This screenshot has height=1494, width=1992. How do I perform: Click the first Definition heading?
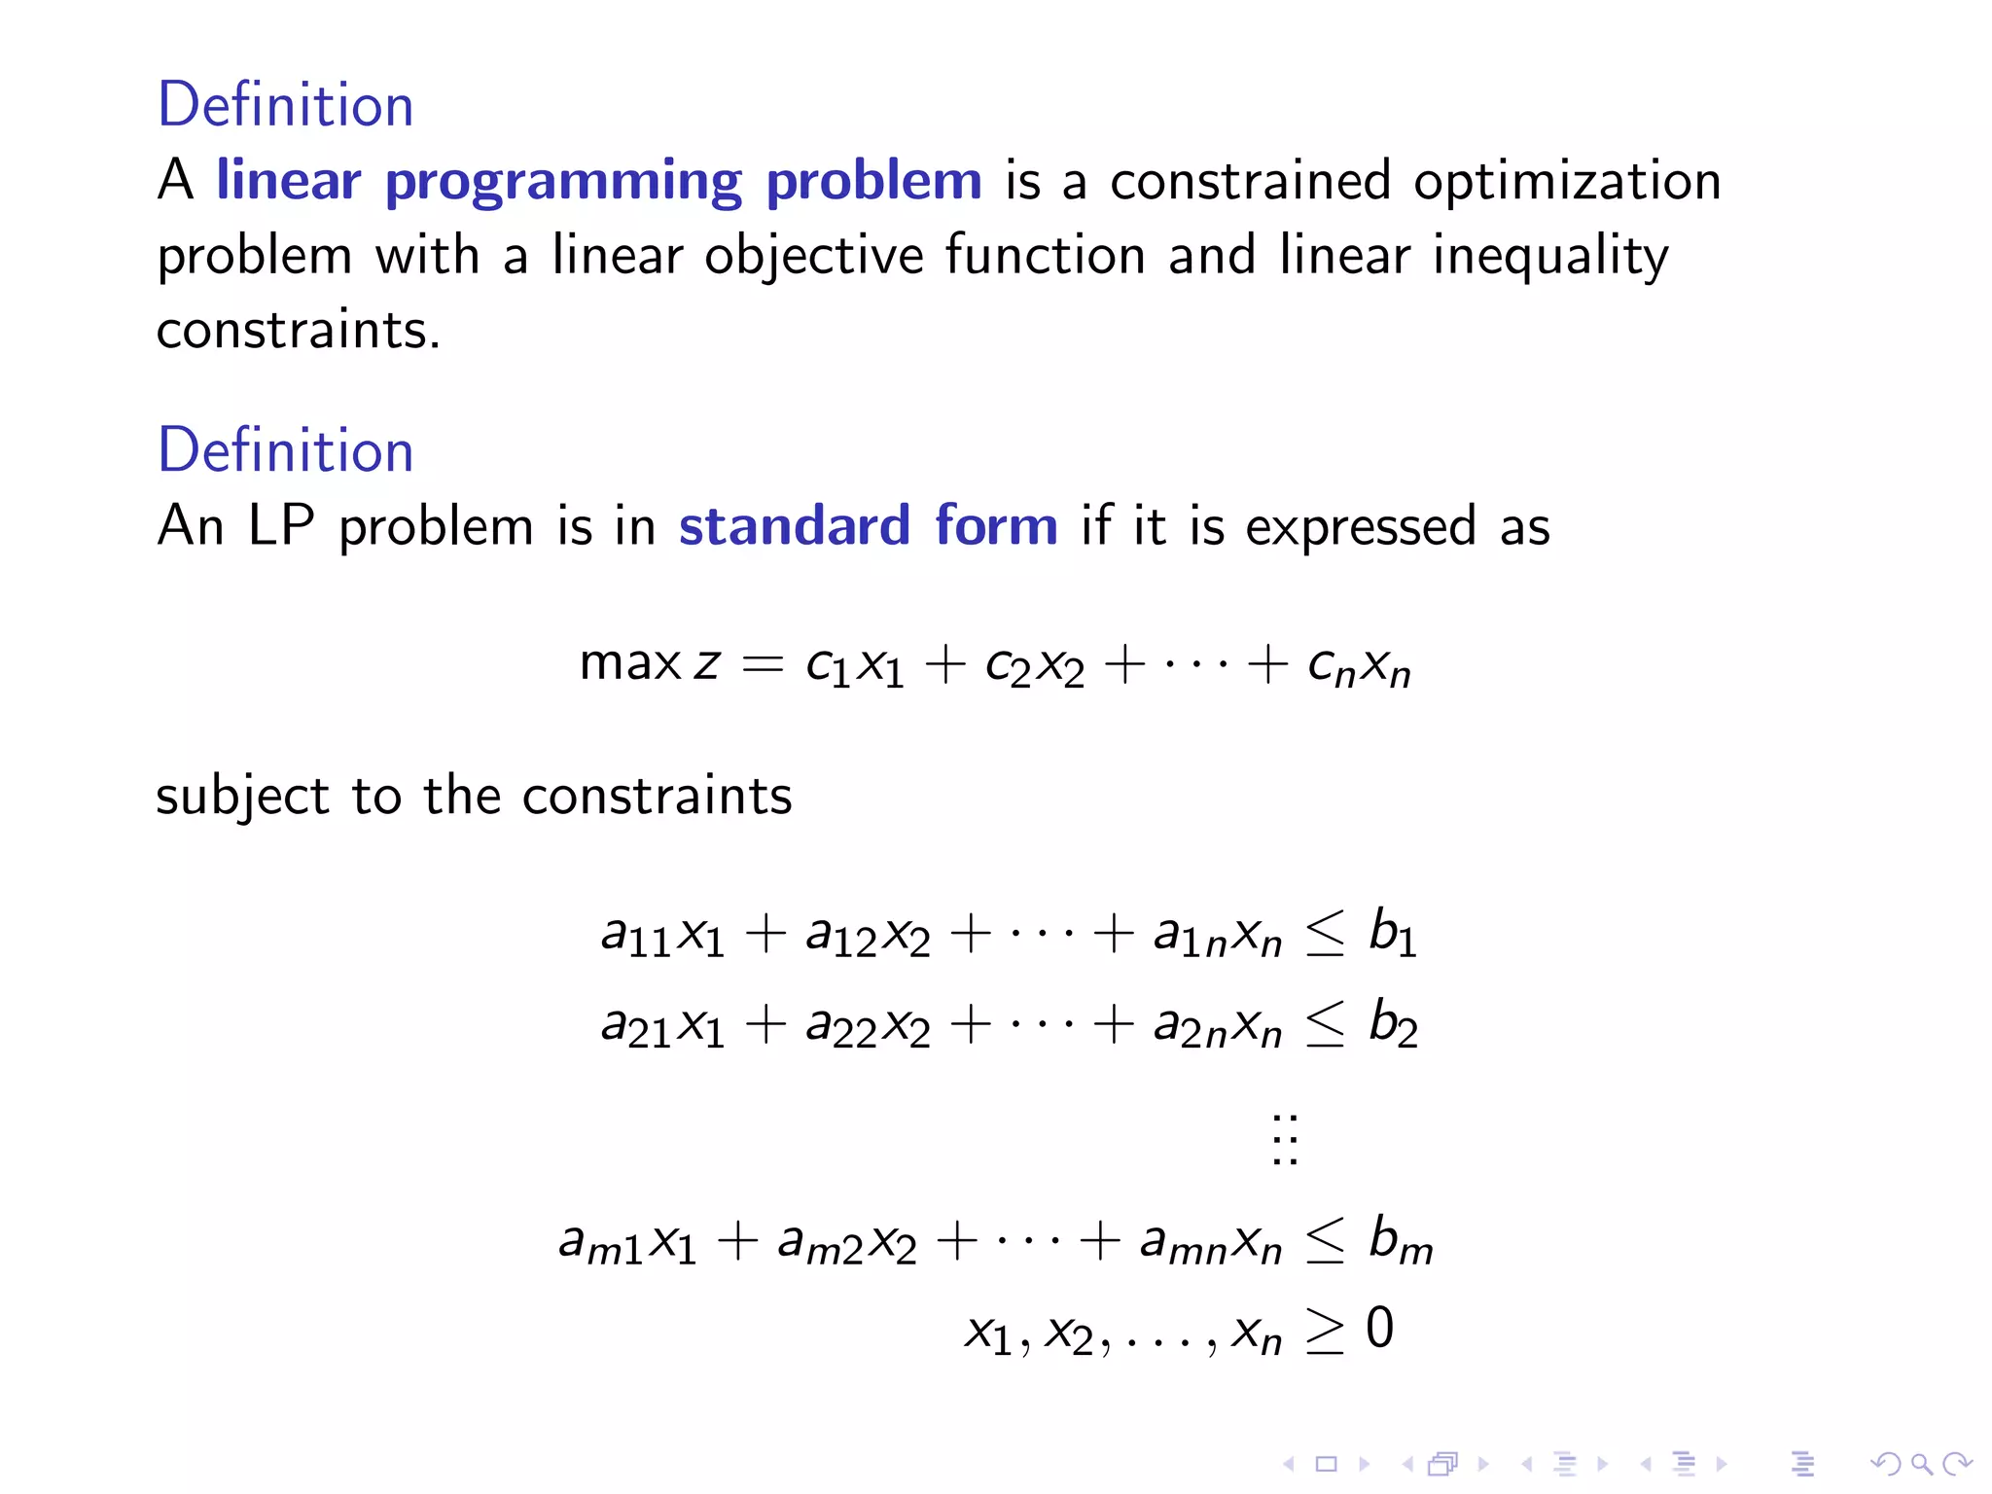pos(285,105)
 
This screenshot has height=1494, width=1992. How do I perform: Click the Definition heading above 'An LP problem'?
pos(285,450)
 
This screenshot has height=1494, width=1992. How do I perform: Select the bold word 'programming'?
pos(563,182)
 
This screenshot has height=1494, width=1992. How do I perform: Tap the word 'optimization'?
pos(1566,182)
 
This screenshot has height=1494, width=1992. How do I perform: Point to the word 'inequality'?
pos(1550,257)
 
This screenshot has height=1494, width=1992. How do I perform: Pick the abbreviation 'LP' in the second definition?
pos(281,526)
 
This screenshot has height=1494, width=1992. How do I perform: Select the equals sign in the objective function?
pos(762,664)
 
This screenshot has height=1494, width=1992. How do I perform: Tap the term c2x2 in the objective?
pos(1034,667)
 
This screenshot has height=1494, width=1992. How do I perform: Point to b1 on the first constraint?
pos(1392,933)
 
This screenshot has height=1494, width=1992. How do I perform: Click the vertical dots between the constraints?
pos(1285,1139)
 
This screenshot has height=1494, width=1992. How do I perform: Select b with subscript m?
pos(1400,1240)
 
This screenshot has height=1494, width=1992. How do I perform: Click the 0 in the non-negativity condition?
pos(1379,1329)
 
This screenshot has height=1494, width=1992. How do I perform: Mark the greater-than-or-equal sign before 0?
pos(1325,1331)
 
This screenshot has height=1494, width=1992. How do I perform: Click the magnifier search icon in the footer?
pos(1920,1464)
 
